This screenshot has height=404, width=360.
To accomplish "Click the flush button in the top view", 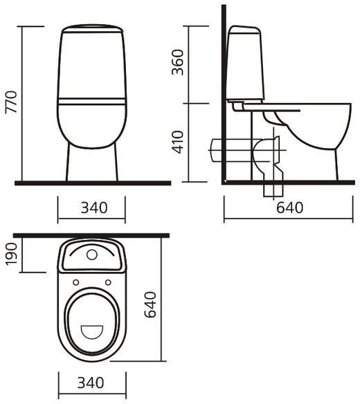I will point(91,254).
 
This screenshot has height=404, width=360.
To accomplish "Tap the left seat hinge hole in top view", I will point(75,281).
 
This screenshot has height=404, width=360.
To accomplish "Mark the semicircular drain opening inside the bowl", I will point(91,331).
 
